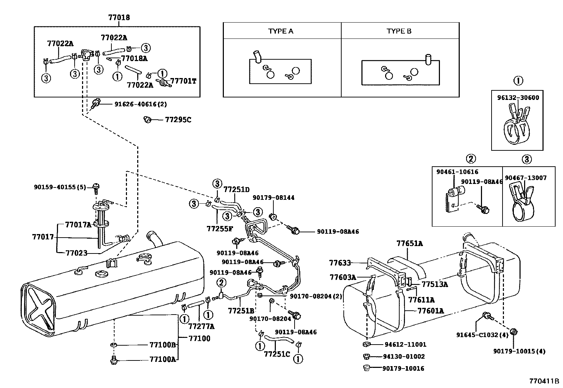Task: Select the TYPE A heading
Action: [x=281, y=31]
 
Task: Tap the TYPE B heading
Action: [x=399, y=31]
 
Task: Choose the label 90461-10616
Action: [x=457, y=172]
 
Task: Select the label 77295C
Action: [x=178, y=120]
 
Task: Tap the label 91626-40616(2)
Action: [x=140, y=104]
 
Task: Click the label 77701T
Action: [x=183, y=81]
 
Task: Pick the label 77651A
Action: [x=410, y=243]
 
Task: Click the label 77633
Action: [x=340, y=263]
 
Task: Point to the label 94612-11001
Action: [x=405, y=345]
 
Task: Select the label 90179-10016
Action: [x=403, y=369]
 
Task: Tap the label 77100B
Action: [x=162, y=345]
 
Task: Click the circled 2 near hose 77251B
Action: [x=221, y=282]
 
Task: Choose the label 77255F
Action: [x=220, y=228]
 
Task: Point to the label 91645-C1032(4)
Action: [x=482, y=335]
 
